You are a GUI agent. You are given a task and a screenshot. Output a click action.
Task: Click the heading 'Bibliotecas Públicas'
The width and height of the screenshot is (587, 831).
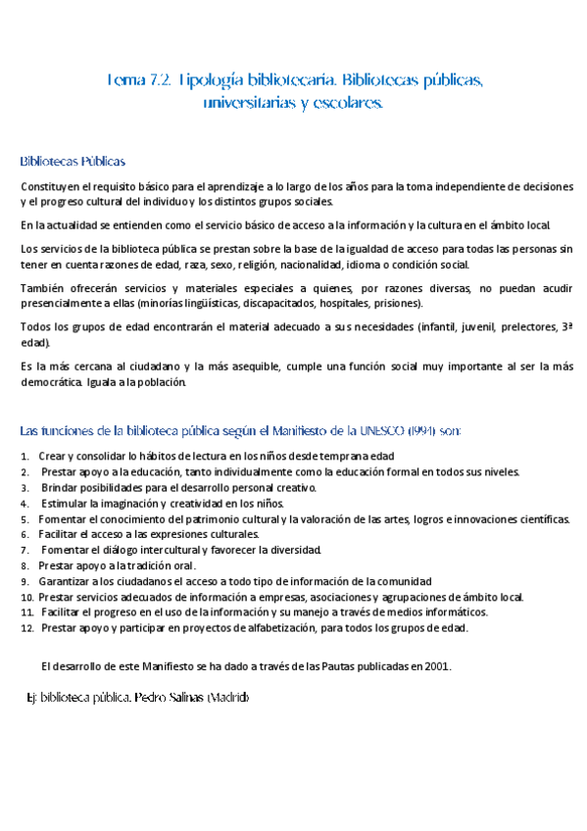[73, 160]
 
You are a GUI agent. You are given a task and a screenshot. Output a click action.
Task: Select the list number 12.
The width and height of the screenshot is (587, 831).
[26, 628]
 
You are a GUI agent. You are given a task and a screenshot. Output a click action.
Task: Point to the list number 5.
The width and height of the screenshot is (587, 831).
[25, 518]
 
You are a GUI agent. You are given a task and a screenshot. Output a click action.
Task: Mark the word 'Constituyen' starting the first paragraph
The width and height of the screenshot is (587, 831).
[50, 186]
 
